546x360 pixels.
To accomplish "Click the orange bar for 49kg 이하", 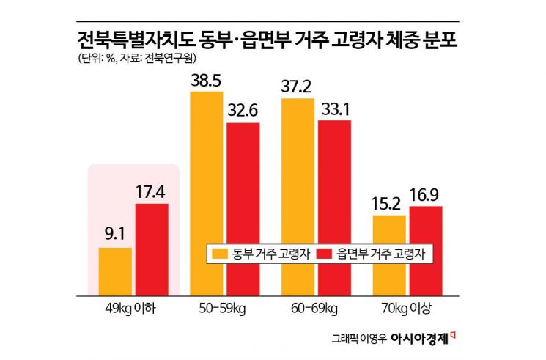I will click(x=115, y=271).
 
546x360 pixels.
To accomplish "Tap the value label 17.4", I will click(x=152, y=192).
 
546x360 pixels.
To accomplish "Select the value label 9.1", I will click(x=115, y=236).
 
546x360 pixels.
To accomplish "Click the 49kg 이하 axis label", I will click(x=133, y=308).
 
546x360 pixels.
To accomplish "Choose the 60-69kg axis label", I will click(x=316, y=308).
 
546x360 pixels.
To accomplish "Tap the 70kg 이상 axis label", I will click(x=407, y=308).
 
